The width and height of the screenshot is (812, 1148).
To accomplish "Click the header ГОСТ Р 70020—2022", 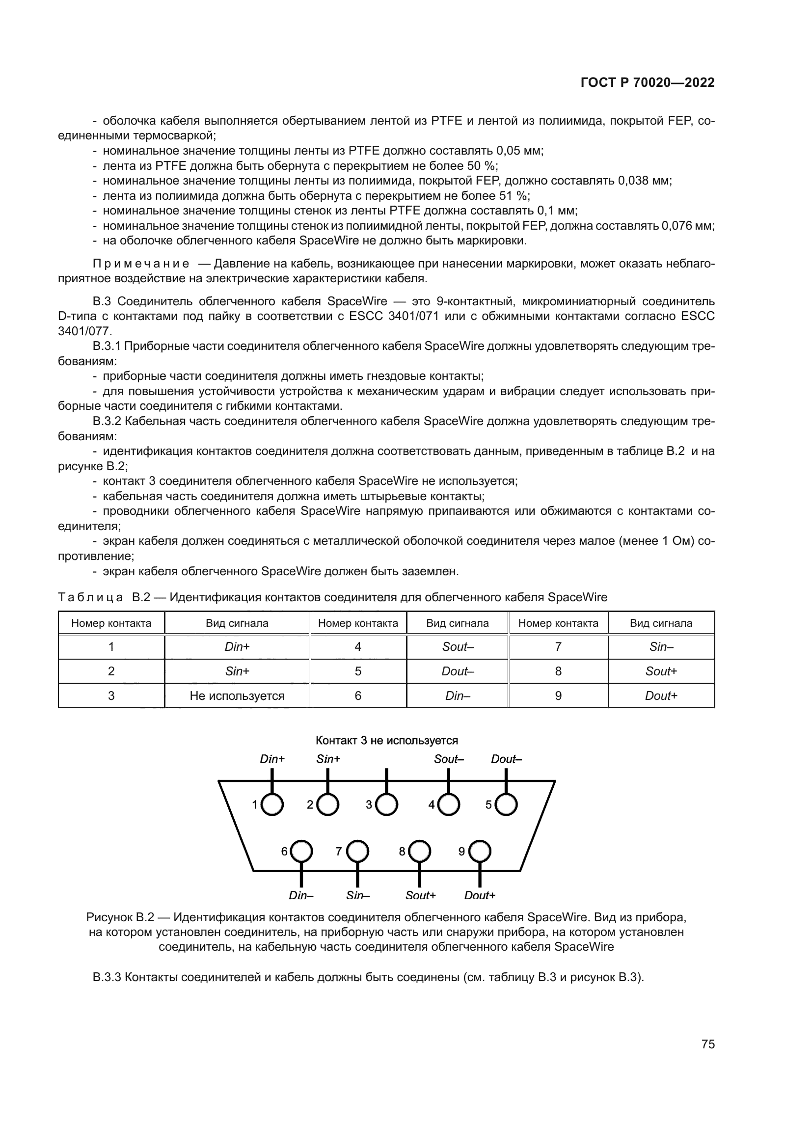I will pos(648,83).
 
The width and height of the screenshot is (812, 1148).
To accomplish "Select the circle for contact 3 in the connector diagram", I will pos(386,804).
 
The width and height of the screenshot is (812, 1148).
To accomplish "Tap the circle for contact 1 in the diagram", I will pos(272,804).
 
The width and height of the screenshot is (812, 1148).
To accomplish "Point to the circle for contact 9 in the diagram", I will pos(480,851).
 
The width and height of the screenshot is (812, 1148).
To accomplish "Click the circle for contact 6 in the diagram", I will pos(301,851).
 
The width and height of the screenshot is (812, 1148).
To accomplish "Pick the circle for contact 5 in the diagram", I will pos(506,804).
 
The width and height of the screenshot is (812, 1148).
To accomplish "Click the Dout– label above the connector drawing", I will pos(506,759).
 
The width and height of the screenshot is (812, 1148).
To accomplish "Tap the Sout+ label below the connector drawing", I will pos(421,896).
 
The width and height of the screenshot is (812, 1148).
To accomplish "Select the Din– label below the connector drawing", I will pos(301,896).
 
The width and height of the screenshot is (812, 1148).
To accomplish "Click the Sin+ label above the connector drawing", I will pos(328,759).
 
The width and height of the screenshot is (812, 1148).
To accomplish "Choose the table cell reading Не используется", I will pos(237,696).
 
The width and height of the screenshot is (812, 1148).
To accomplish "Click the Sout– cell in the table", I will pos(458,647).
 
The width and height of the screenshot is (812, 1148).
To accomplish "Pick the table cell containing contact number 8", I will pos(558,671).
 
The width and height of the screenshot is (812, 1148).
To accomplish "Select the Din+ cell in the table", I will pos(237,647).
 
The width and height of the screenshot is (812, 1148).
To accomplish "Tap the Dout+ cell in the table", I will pos(660,696).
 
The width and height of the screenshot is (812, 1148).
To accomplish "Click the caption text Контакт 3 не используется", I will pos(386,740).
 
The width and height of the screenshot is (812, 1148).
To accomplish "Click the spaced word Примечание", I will pos(141,264).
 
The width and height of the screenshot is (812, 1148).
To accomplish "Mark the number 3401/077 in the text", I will pos(85,331).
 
